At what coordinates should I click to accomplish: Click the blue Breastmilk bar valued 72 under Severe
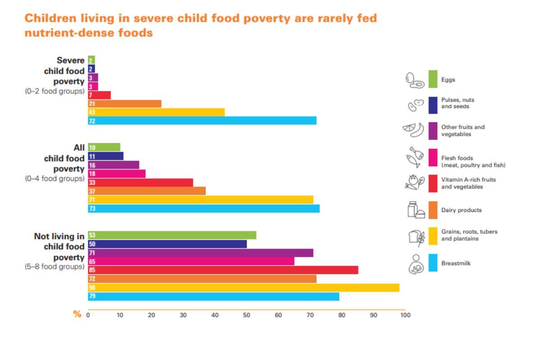click(202, 121)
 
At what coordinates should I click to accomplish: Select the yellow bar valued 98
click(243, 288)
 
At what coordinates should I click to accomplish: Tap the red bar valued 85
click(223, 270)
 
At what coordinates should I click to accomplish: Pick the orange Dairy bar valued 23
click(125, 103)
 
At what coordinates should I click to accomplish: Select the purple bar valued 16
click(113, 165)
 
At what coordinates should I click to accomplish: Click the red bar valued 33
click(140, 183)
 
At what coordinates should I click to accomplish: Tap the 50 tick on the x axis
click(247, 315)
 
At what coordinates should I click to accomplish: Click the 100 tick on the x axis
click(405, 315)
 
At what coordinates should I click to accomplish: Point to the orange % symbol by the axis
click(77, 314)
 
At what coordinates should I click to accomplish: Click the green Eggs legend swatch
click(433, 79)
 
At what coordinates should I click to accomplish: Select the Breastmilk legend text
click(456, 263)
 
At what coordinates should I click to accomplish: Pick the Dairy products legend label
click(461, 210)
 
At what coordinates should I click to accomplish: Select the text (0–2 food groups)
click(54, 91)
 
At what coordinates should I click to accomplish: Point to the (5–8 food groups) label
click(54, 266)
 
